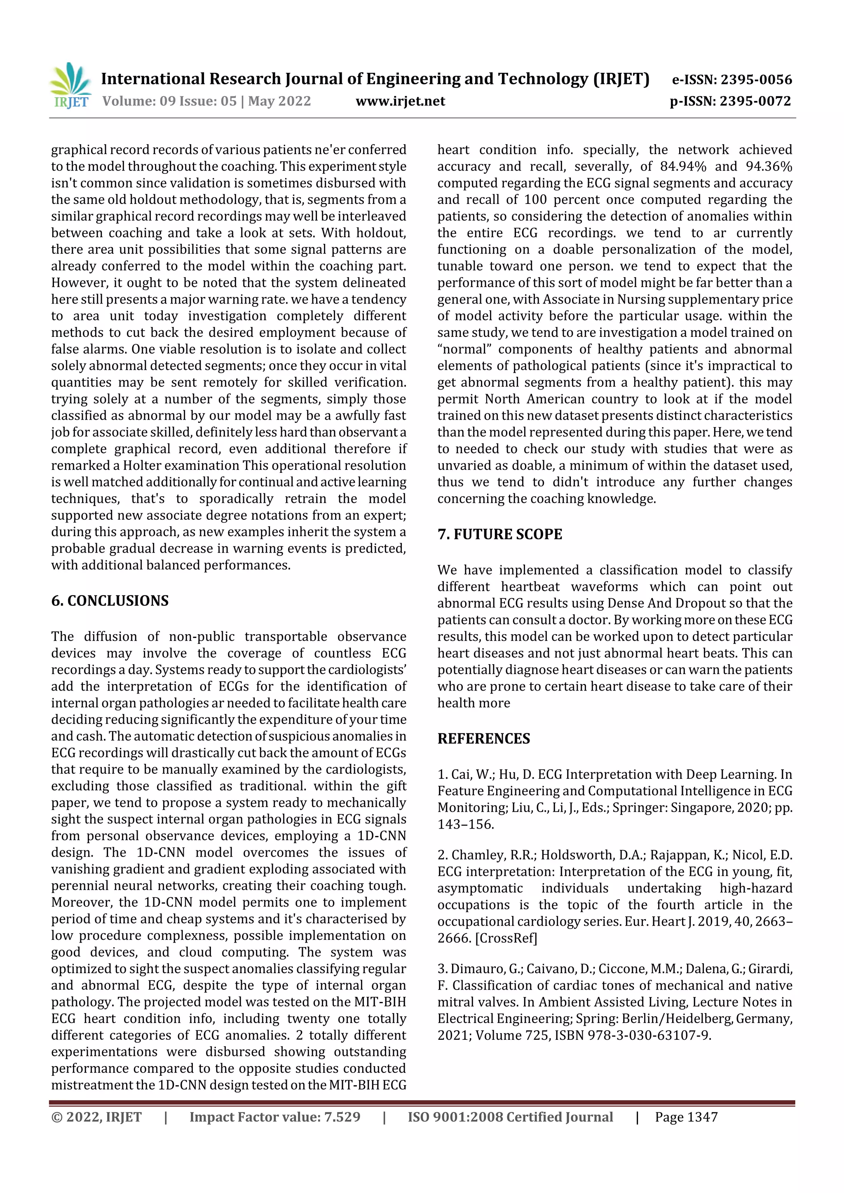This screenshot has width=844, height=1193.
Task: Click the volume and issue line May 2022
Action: tap(206, 101)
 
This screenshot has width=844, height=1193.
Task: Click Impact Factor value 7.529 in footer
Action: tap(274, 1117)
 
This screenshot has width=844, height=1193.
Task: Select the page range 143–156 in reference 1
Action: tap(465, 824)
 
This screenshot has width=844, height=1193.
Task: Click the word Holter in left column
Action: tap(141, 466)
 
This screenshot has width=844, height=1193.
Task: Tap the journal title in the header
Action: tap(375, 79)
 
